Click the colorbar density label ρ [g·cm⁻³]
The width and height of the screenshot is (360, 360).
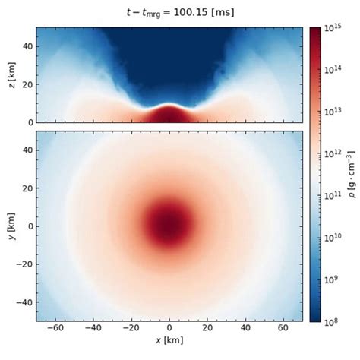tap(352, 173)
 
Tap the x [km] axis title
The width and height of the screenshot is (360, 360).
tap(169, 352)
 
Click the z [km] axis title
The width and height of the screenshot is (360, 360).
tap(11, 74)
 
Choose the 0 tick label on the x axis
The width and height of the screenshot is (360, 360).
tap(169, 333)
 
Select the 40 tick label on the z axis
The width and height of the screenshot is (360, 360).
tap(25, 47)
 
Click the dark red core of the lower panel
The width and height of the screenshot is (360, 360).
tap(169, 226)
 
